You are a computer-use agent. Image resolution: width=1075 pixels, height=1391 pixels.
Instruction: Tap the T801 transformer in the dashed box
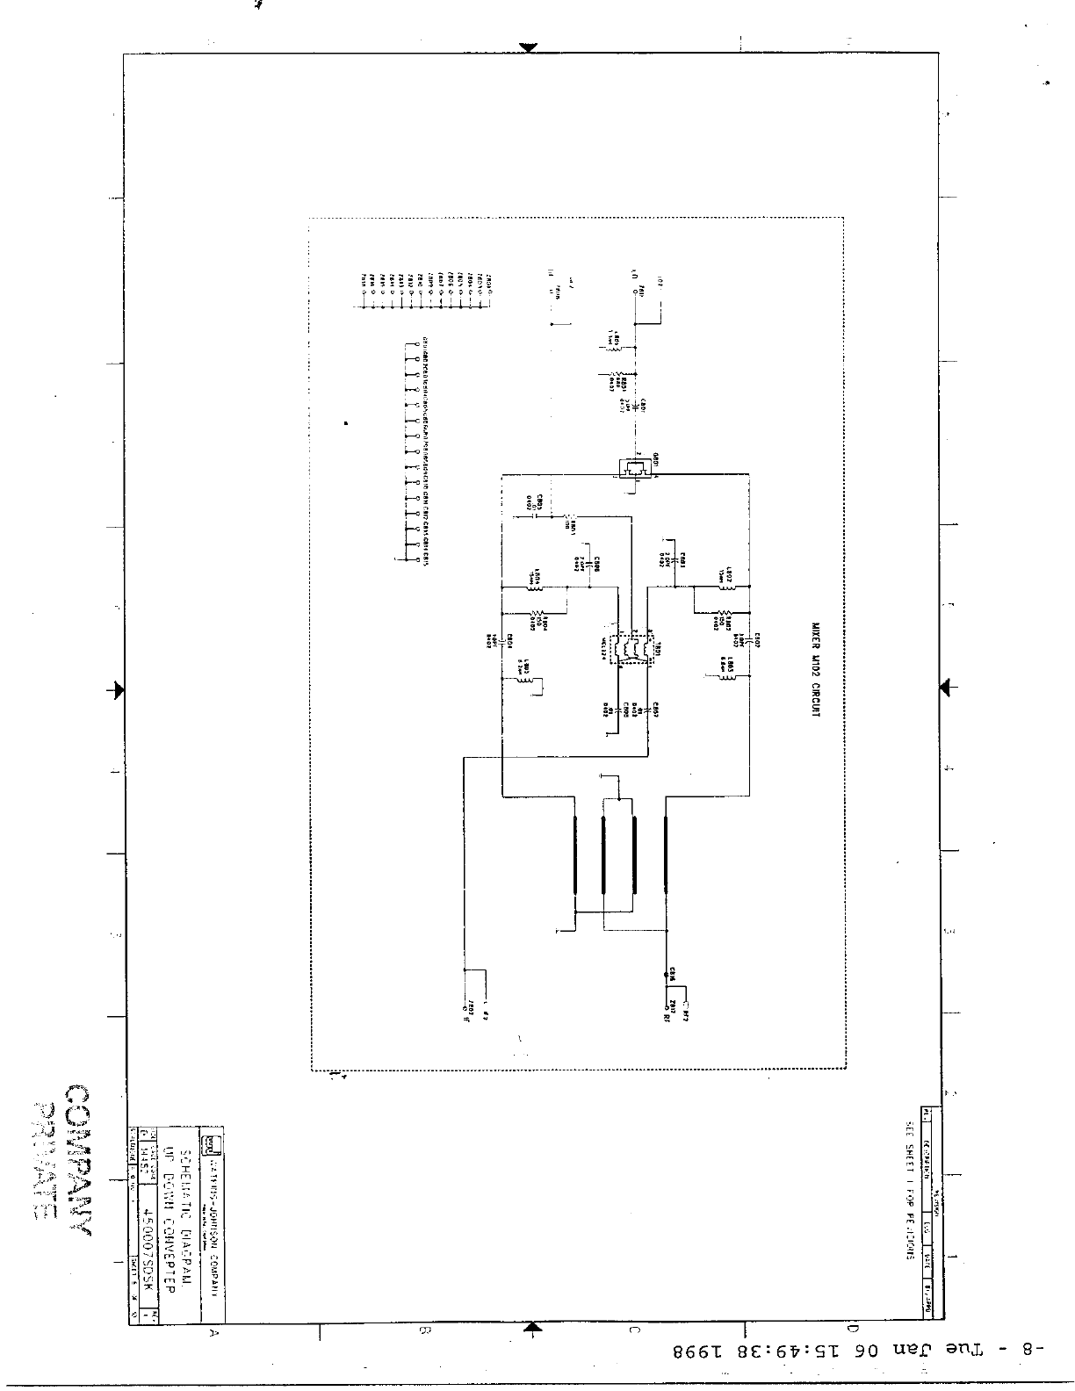pos(631,649)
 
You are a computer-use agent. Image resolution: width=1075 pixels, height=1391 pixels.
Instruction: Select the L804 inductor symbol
pos(535,586)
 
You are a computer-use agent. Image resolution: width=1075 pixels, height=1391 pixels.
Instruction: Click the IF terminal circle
pos(465,1008)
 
